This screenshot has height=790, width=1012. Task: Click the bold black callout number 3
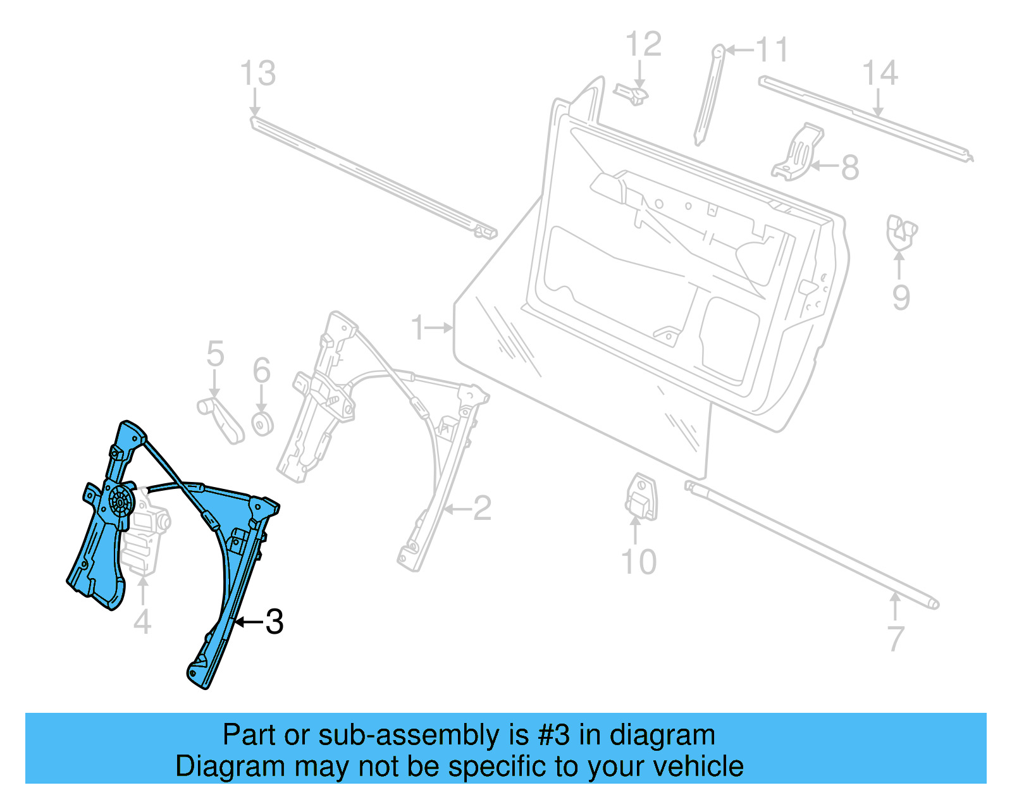[x=274, y=622]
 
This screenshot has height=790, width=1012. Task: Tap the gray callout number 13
[x=258, y=73]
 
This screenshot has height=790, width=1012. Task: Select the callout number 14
[x=880, y=73]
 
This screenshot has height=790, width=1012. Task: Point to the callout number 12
[x=643, y=44]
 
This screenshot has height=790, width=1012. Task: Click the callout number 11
[x=772, y=49]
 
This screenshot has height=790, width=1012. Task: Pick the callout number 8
[x=849, y=168]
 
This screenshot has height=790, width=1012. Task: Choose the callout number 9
[x=901, y=297]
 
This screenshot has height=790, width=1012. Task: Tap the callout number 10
[x=638, y=562]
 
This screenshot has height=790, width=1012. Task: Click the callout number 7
[x=895, y=639]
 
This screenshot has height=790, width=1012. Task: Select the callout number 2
[x=482, y=508]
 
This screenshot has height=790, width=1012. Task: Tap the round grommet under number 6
[x=262, y=424]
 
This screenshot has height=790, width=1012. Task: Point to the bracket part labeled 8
[x=798, y=154]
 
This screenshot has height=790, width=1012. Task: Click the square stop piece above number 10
[x=641, y=497]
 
